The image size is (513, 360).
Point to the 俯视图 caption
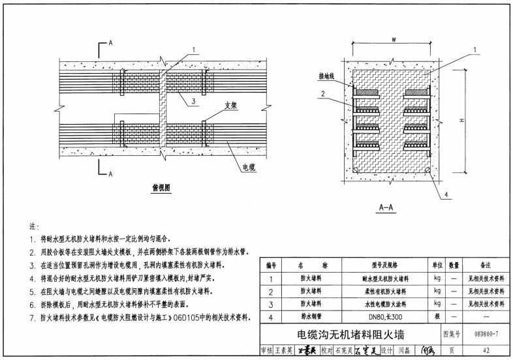click(161, 187)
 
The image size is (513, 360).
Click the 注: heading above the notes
click(33, 227)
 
